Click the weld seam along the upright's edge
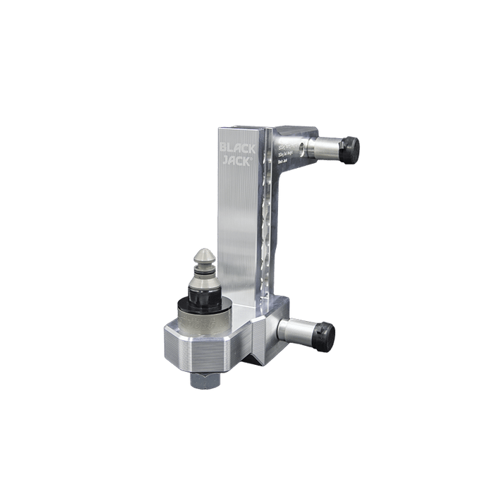point(267,212)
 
